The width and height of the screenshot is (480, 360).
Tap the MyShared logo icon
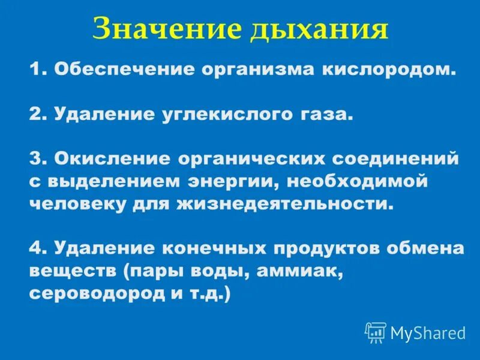[376, 332]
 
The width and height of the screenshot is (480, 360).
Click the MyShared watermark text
[428, 332]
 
